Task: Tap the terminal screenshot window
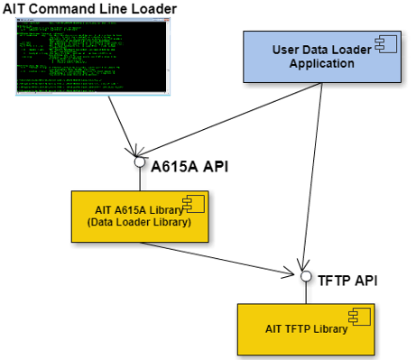click(x=93, y=59)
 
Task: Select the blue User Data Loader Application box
click(x=321, y=60)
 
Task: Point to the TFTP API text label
click(x=348, y=279)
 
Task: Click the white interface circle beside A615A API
click(x=141, y=163)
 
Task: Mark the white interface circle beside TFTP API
click(x=308, y=277)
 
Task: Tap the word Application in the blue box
click(x=320, y=63)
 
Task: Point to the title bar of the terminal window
click(x=93, y=23)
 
